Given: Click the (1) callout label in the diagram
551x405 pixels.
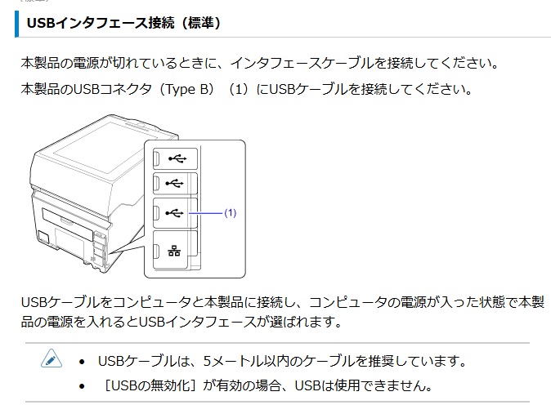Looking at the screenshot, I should click(230, 213).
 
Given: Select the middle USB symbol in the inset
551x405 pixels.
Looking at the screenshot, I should click(174, 184).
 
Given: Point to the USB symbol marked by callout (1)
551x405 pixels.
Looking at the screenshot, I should click(174, 212).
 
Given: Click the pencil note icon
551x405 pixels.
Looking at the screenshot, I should click(51, 359).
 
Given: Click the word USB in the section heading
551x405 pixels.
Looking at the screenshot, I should click(41, 24).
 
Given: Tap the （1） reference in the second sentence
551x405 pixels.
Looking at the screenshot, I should click(239, 89).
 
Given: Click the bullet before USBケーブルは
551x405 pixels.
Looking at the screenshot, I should click(83, 361).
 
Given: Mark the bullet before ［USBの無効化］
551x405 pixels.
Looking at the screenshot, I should click(83, 385).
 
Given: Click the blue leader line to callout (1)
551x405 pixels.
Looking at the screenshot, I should click(207, 213).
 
